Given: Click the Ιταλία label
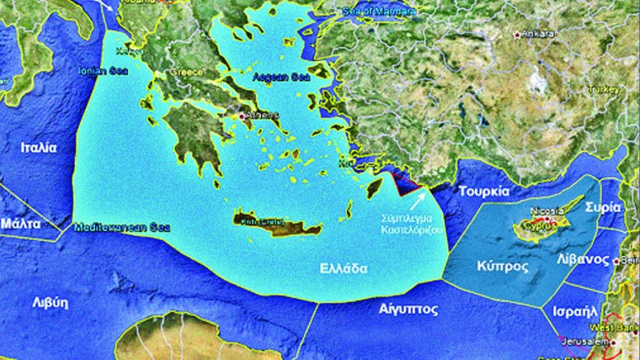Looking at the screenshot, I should coord(39,148).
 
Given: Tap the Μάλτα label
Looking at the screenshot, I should coord(21,223).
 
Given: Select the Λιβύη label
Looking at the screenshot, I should coord(50,302).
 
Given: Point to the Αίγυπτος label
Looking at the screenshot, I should coord(408,309).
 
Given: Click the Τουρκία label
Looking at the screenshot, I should coord(484,191).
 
